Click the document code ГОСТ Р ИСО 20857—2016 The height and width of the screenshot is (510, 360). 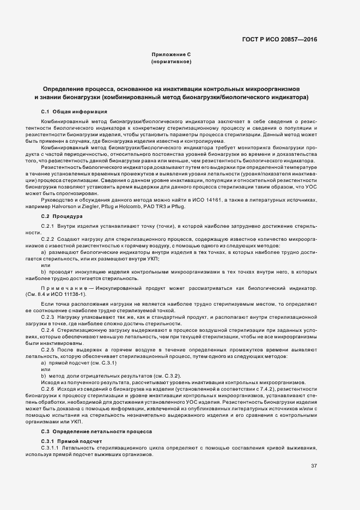[279, 39]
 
